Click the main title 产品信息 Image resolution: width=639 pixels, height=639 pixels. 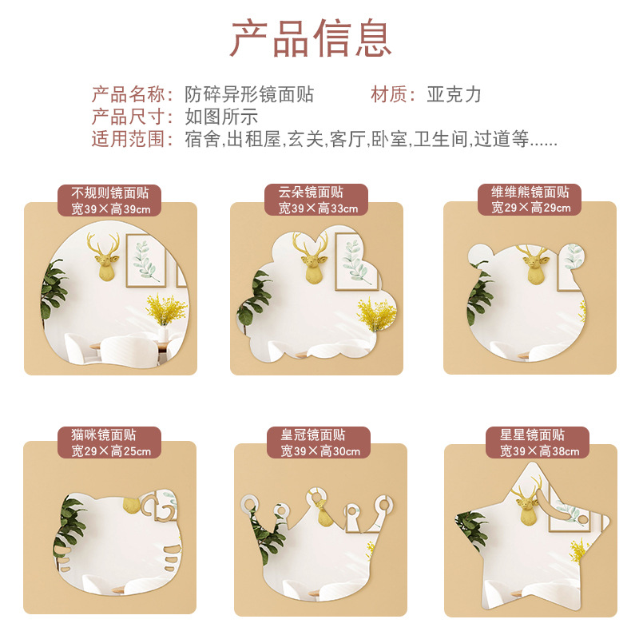click(312, 38)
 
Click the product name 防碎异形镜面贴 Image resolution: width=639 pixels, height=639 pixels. click(249, 94)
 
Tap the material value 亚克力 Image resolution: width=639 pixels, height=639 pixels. click(454, 94)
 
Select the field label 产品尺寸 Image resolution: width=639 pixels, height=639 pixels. click(128, 117)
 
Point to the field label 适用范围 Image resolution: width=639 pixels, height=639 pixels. click(128, 139)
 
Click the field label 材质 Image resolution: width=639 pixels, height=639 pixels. click(389, 94)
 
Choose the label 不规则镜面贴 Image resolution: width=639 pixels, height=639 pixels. click(109, 192)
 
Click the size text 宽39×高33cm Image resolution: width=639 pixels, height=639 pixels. click(318, 208)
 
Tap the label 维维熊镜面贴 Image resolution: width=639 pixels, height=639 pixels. click(530, 191)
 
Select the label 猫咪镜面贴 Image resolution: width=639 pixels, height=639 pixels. click(104, 435)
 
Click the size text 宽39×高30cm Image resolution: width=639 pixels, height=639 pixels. click(320, 451)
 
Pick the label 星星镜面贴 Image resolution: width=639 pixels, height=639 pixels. click(532, 435)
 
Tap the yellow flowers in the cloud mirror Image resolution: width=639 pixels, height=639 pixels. click(375, 313)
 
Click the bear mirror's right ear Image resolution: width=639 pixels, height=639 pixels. click(574, 256)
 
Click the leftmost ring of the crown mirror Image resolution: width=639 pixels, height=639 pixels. click(249, 504)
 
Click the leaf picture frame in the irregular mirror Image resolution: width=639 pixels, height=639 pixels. click(145, 260)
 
